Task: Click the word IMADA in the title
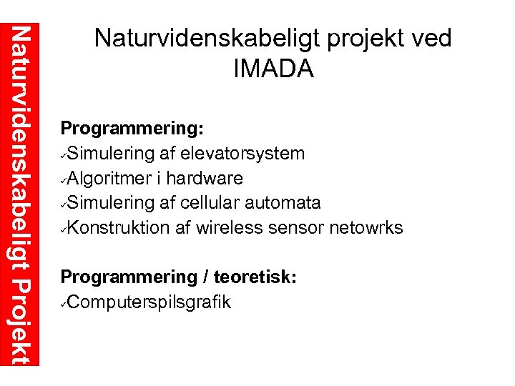[273, 69]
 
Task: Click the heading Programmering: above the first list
[133, 129]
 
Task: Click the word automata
[283, 202]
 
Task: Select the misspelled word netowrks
[367, 228]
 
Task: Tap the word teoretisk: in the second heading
[255, 277]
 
